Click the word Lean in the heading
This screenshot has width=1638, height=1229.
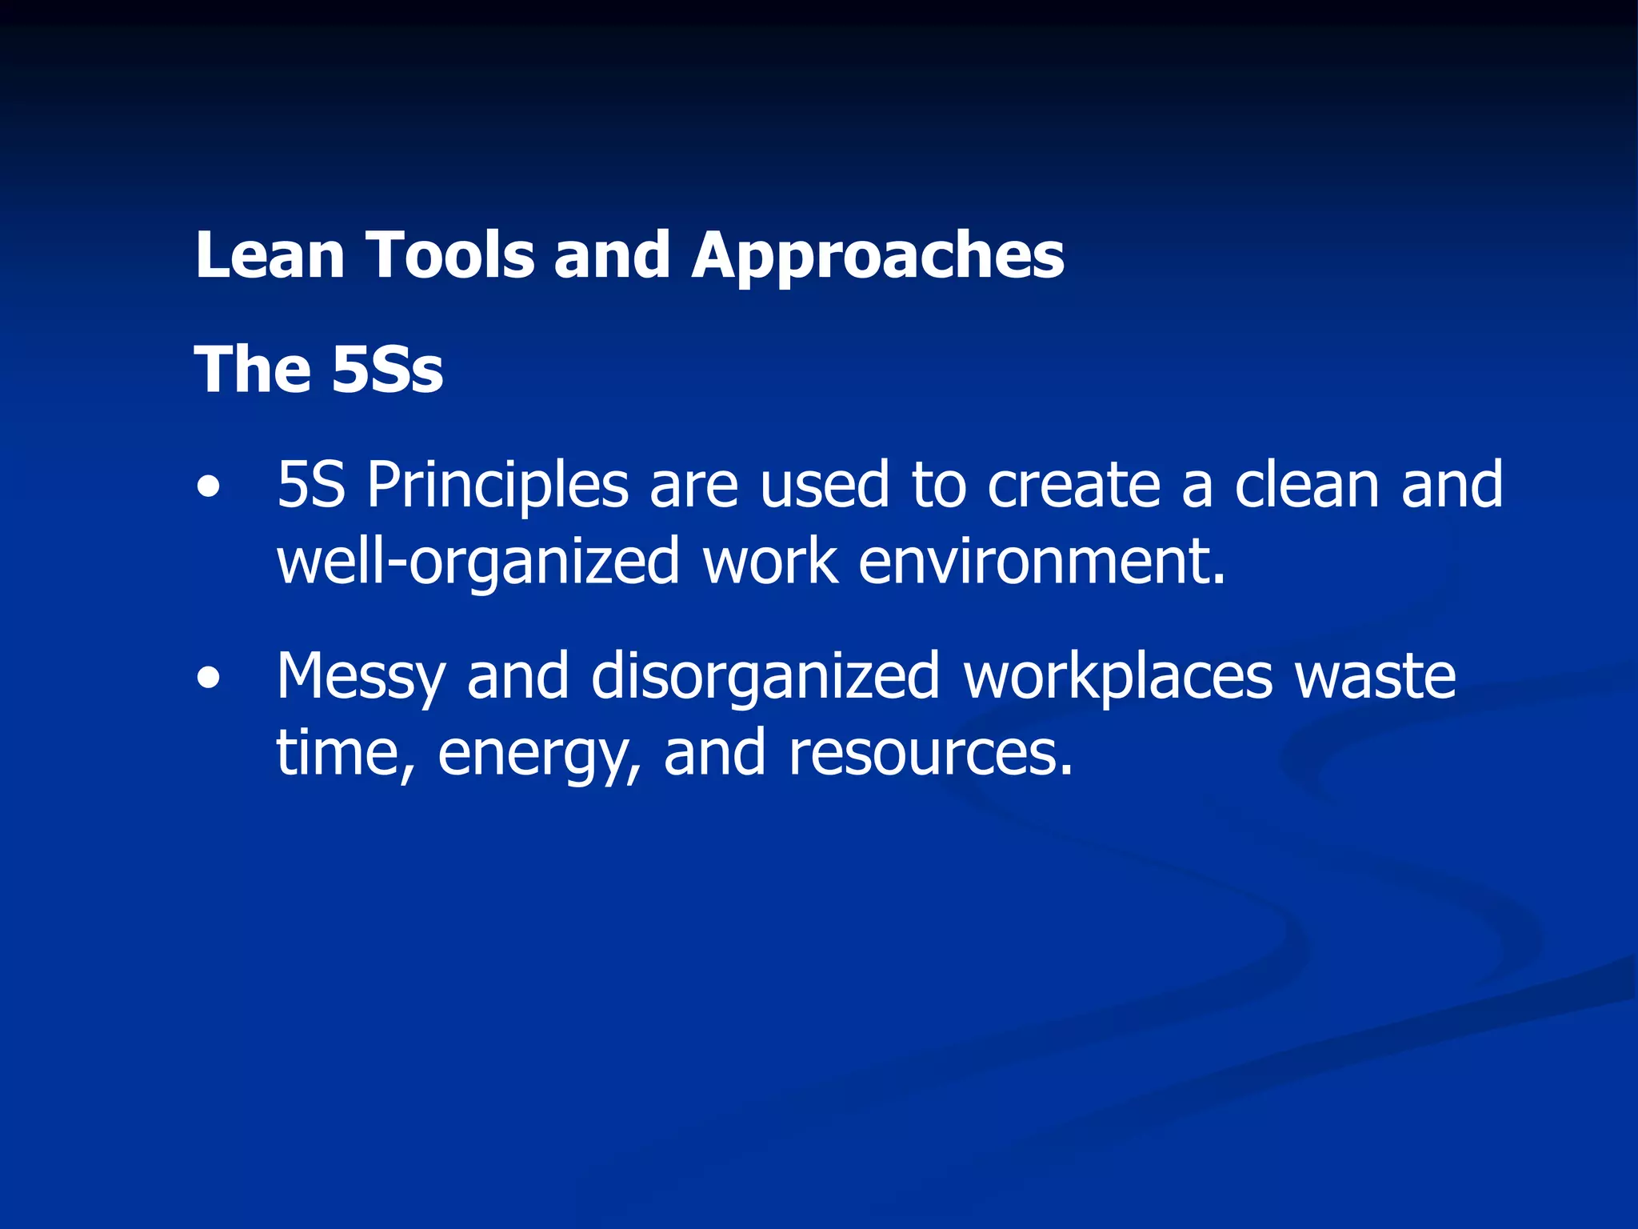point(270,255)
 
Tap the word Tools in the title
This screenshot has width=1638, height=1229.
point(450,255)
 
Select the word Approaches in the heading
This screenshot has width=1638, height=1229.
point(877,255)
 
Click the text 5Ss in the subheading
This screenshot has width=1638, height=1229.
point(387,370)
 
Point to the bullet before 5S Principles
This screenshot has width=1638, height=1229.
point(209,487)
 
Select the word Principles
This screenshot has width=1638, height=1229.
point(497,486)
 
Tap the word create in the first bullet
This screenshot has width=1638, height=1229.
point(1073,486)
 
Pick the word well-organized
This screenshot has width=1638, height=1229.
point(477,562)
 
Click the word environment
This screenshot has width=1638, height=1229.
point(1041,562)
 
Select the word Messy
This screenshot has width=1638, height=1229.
point(360,678)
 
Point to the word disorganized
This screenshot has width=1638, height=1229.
point(765,678)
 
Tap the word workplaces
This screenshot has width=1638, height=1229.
point(1117,678)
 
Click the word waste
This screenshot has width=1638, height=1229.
point(1375,678)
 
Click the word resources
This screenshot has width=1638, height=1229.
point(930,754)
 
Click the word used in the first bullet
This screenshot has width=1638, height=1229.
point(824,486)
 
